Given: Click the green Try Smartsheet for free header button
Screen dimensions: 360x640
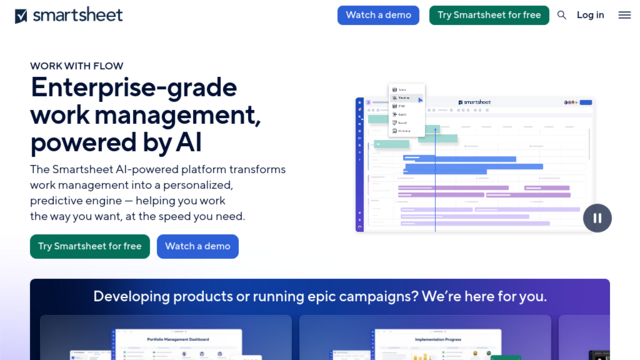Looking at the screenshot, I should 489,15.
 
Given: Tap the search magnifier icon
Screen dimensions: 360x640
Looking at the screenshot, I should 562,15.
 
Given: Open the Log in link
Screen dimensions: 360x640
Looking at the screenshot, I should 590,15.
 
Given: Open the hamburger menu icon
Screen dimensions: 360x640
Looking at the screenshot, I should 624,15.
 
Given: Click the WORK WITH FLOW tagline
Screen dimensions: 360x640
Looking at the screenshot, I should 77,66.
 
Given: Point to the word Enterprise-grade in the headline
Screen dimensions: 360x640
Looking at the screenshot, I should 133,88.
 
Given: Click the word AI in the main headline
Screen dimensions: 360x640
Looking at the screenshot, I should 188,143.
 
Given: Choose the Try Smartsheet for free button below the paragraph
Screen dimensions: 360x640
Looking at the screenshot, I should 90,246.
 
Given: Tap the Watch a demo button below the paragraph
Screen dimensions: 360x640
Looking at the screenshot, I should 197,246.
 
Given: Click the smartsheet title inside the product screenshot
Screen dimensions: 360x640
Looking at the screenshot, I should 475,102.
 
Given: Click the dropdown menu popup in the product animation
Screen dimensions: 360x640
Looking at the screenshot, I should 407,109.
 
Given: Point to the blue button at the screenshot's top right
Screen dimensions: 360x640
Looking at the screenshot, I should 586,102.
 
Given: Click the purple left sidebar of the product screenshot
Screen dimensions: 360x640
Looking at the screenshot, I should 360,165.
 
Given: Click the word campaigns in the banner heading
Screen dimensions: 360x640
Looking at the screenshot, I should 346,296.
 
